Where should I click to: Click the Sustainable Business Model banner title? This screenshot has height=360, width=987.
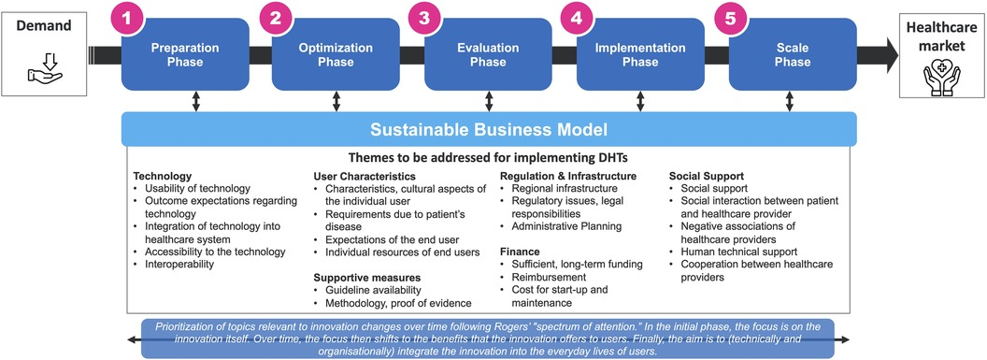489,128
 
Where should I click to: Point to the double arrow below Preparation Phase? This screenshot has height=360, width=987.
195,100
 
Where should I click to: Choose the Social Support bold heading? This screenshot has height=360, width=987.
708,176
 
